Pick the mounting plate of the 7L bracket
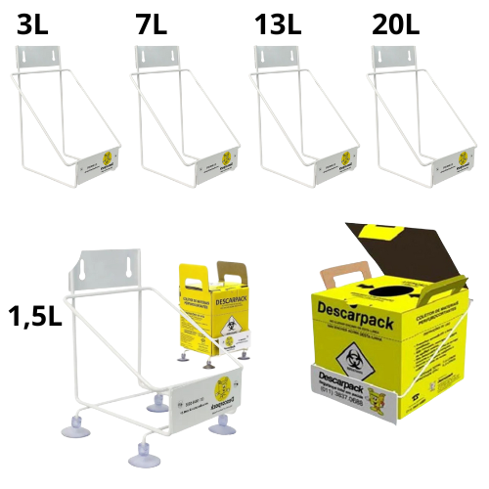(158, 59)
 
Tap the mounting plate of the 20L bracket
(398, 59)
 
